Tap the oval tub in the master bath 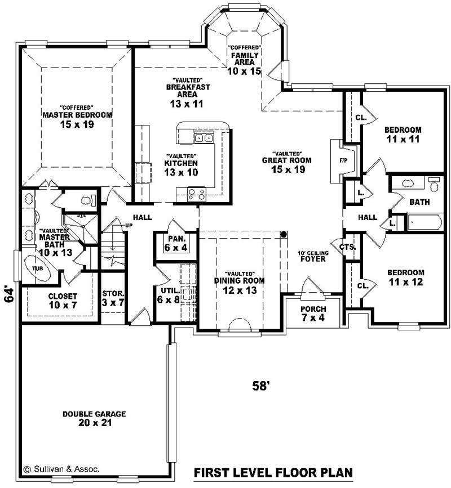[37, 269]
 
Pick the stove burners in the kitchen [196, 195]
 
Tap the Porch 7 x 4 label [312, 314]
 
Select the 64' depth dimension [10, 295]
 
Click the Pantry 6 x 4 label [173, 243]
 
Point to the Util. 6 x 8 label [170, 295]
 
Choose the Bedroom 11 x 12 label [405, 277]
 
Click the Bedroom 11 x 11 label [403, 134]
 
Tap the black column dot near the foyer [284, 234]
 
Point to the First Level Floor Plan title [273, 472]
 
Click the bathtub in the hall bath [423, 223]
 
